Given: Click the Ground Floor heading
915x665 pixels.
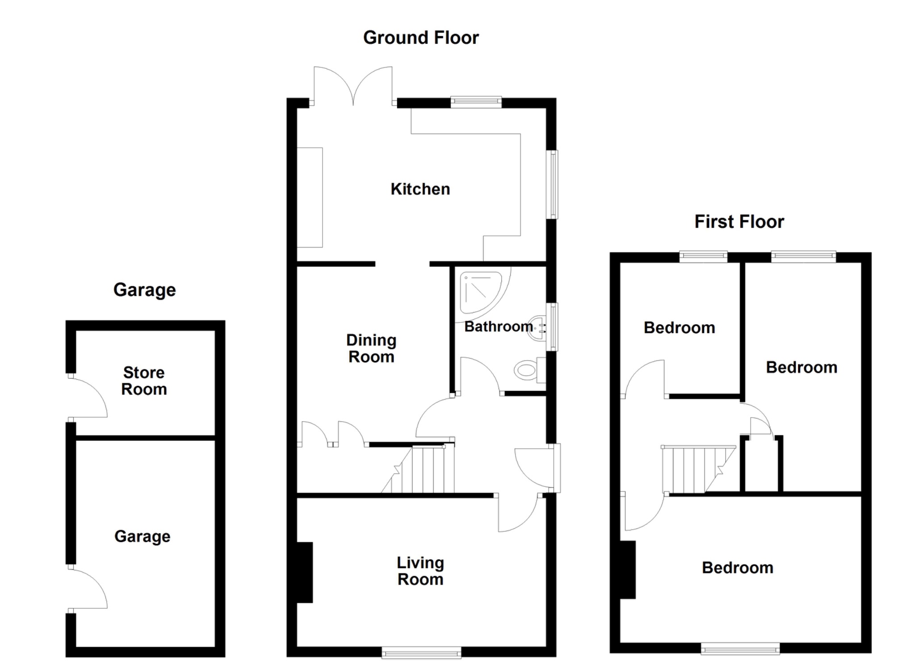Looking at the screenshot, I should coord(421,38).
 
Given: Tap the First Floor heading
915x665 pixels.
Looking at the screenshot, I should coord(739,222).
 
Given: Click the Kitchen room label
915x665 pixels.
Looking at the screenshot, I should coord(420,189).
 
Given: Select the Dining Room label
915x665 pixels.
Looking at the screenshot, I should coord(371,349).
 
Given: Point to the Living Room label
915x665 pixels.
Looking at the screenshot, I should coord(420,571).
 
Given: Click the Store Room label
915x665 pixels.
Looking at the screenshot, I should coord(144,381).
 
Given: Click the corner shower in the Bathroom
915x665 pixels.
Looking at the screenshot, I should coord(480,290).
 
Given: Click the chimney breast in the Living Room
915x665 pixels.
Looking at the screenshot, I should coord(305,573).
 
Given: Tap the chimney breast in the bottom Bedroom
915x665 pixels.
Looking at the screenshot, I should coord(628,569).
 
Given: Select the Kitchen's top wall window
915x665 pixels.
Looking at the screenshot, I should coord(476,102).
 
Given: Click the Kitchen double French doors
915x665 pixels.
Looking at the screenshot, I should coord(353,87).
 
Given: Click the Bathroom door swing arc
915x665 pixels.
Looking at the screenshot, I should coord(478,375).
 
